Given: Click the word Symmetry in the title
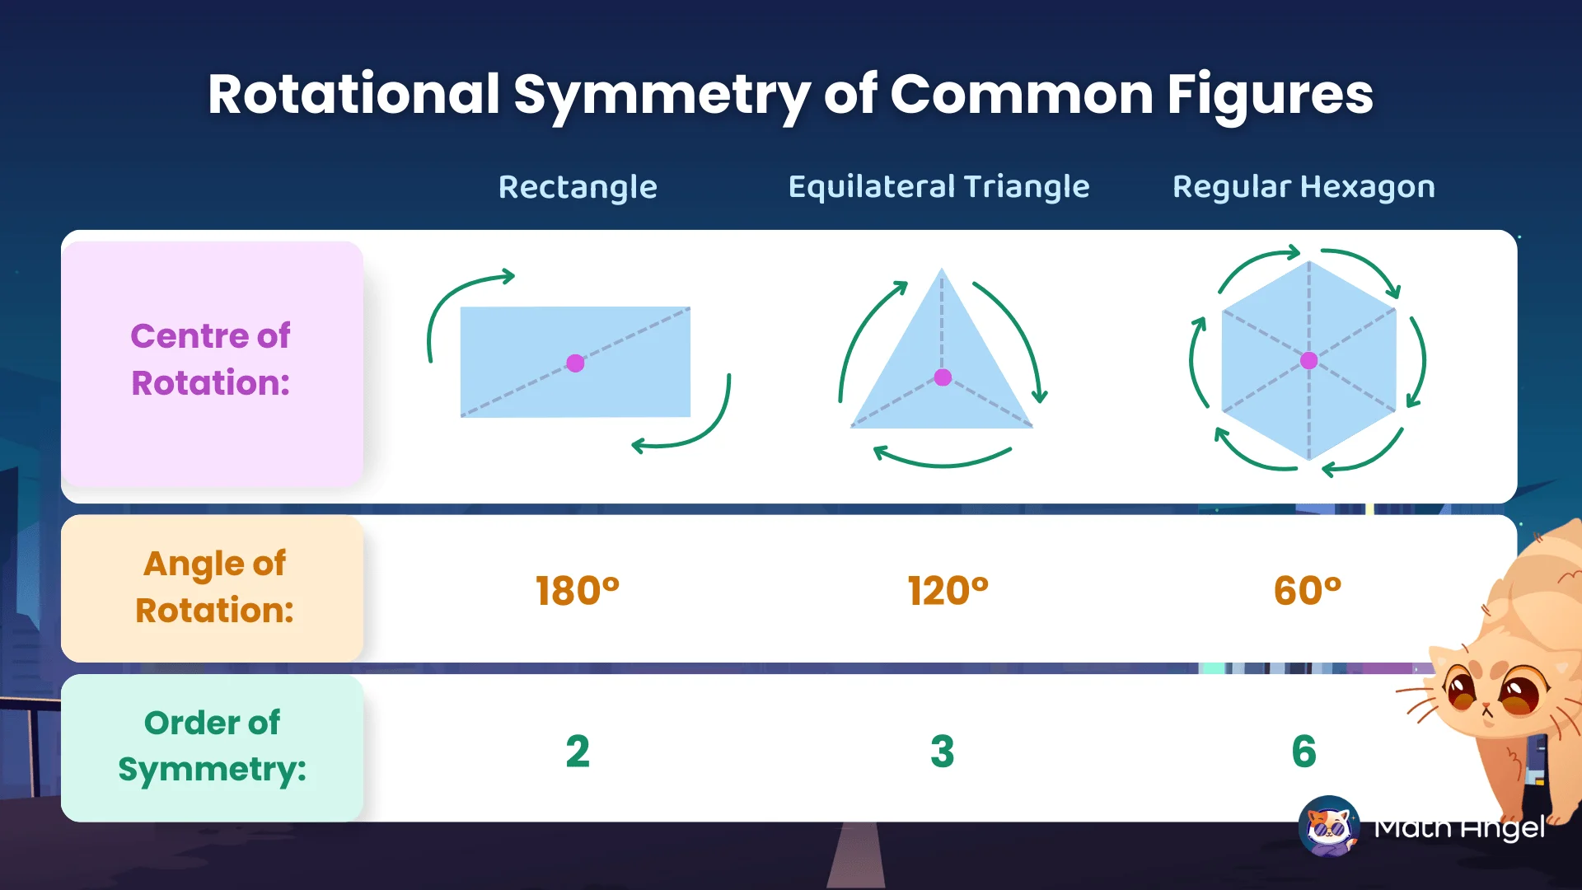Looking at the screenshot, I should click(x=664, y=96).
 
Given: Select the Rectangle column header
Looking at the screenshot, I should click(x=578, y=187).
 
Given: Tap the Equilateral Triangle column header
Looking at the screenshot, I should click(x=938, y=187).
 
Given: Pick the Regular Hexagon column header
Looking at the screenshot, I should click(x=1304, y=187).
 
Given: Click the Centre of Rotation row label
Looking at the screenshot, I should click(x=211, y=359).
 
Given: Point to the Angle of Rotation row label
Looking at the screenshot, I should click(x=214, y=587).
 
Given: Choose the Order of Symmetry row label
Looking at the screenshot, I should click(x=213, y=746).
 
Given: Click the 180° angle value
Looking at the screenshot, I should click(x=577, y=591).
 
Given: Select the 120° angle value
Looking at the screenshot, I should click(x=948, y=591).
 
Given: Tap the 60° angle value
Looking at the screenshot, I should click(x=1307, y=591).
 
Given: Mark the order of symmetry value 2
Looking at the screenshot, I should click(x=578, y=752).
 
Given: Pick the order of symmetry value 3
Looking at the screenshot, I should click(x=942, y=752).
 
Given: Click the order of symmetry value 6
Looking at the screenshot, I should click(x=1304, y=752).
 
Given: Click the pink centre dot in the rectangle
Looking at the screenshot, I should click(x=575, y=363).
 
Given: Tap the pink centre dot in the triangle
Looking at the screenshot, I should click(x=943, y=377).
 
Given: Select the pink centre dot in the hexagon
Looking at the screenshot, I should click(x=1308, y=361).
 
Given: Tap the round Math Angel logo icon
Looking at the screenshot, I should click(x=1328, y=826).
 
